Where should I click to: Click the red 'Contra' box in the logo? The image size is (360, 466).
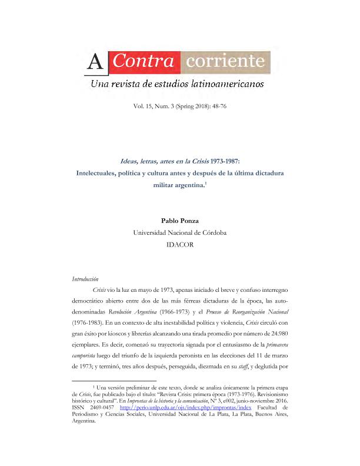point(144,61)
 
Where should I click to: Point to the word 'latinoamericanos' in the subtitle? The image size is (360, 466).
point(227,85)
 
